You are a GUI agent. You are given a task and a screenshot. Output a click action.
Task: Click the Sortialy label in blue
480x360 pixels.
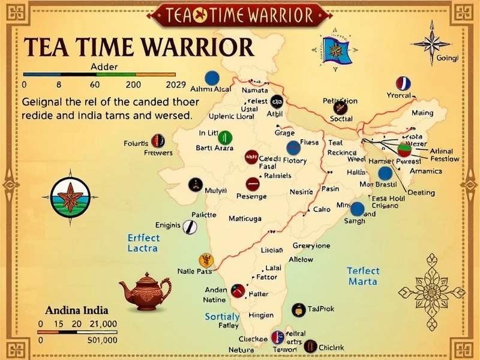(222, 316)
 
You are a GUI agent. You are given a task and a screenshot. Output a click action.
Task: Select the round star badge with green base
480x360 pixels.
(71, 197)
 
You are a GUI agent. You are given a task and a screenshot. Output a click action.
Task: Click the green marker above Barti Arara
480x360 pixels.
(225, 136)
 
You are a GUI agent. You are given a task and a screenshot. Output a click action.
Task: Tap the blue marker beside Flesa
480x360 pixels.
(293, 148)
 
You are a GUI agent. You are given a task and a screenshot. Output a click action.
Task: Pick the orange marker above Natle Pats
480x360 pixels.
(206, 260)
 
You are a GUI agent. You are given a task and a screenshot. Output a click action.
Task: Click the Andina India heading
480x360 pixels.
(77, 310)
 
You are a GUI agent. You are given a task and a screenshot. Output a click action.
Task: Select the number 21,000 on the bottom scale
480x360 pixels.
(103, 324)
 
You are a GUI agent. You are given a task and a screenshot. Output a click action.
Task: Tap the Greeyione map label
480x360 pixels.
(311, 246)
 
